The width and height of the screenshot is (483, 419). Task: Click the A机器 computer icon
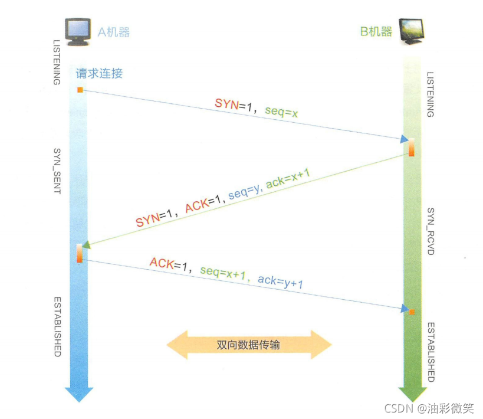[78, 31]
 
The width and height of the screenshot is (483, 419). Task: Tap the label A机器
[113, 32]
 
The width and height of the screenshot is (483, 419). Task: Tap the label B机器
[376, 31]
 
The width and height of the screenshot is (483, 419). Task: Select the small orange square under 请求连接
[80, 90]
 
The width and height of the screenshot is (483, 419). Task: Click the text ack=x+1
[288, 176]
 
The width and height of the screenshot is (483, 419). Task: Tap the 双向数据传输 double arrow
[248, 345]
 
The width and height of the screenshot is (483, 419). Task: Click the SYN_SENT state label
[57, 171]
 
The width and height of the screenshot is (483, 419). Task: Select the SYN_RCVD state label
[431, 231]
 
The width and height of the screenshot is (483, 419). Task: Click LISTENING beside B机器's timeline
[431, 94]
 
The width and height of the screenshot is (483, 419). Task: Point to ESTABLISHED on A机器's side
[57, 327]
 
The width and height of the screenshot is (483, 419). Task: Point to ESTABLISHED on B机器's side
[431, 352]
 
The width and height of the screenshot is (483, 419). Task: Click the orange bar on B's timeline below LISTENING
[411, 147]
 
